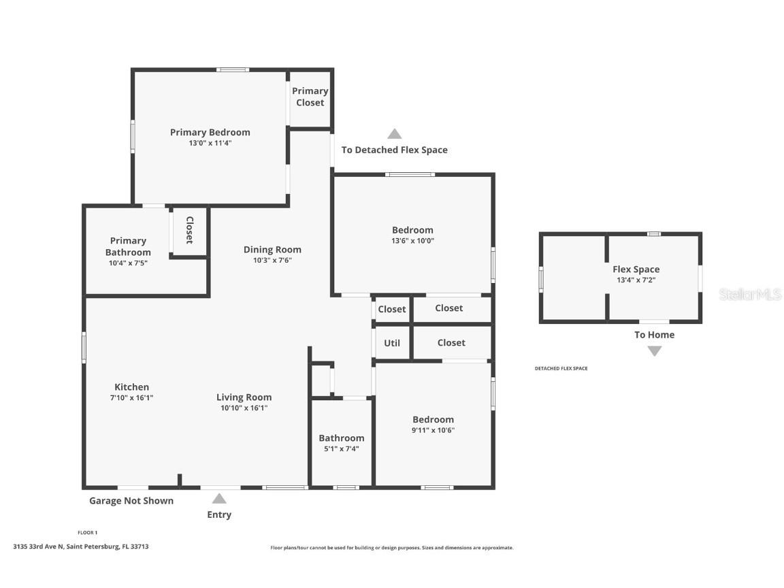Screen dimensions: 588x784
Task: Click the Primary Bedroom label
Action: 210,132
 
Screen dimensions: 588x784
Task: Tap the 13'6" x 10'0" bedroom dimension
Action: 412,241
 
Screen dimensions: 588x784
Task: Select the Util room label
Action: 392,343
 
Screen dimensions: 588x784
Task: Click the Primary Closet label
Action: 310,97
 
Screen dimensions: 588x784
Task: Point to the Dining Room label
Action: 272,250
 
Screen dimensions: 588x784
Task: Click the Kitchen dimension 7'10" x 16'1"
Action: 131,398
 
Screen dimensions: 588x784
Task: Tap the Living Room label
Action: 244,397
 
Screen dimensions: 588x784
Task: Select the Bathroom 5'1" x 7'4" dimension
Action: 342,449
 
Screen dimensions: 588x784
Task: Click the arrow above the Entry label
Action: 219,499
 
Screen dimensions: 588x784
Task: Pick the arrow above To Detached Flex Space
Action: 395,134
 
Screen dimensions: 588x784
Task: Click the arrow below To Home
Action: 654,351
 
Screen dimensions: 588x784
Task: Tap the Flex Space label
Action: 636,269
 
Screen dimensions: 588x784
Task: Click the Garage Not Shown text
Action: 131,501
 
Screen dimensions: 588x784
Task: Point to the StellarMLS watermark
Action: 750,295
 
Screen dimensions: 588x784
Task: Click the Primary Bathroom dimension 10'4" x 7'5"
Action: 128,263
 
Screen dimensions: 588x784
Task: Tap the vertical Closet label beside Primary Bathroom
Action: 189,230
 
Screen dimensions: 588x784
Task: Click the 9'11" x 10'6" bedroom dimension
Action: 433,430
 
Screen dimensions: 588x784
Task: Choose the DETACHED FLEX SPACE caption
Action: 561,369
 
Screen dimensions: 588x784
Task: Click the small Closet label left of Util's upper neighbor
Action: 392,309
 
